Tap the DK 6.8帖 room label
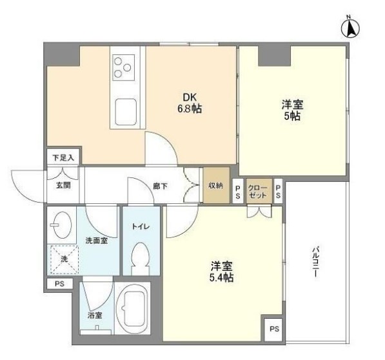tap(190, 103)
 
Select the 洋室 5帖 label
tap(292, 110)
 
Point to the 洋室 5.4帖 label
tap(222, 272)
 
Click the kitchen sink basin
tap(126, 112)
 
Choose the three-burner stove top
tap(124, 67)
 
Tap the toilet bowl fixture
tap(141, 259)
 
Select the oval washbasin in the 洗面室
tap(63, 225)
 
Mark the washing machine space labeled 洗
tap(64, 259)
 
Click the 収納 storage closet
tap(216, 185)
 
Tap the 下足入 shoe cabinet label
tap(63, 157)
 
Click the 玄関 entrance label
tap(64, 185)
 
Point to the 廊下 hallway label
tap(161, 186)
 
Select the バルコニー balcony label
tap(315, 263)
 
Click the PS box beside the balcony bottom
tap(274, 329)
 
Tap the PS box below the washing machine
tap(60, 284)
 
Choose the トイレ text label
tap(141, 226)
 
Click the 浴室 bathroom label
tap(95, 315)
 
